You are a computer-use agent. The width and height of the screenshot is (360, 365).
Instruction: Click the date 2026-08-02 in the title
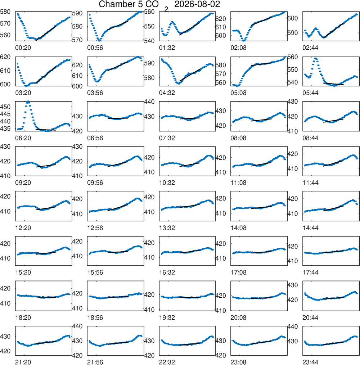click(x=197, y=4)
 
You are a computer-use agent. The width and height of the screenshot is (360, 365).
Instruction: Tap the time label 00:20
click(x=23, y=48)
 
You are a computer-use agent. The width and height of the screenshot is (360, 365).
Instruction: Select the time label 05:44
click(x=310, y=93)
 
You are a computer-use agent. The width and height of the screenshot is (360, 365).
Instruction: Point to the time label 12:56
click(x=95, y=228)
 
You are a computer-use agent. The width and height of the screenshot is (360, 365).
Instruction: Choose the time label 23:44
click(x=310, y=362)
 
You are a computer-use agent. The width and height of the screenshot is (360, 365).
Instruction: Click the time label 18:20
click(x=23, y=318)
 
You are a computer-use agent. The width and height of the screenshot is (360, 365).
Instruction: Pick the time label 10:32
click(x=167, y=183)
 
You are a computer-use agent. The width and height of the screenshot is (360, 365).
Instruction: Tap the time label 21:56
click(x=95, y=362)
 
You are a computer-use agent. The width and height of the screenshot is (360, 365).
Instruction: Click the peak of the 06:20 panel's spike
click(x=28, y=102)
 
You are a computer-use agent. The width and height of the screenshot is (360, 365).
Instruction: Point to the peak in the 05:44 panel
click(x=315, y=58)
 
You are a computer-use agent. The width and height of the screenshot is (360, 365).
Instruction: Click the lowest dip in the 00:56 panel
click(x=99, y=40)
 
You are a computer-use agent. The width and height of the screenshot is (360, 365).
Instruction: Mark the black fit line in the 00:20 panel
click(x=46, y=33)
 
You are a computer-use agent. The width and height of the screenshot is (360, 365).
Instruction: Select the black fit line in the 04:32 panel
click(x=190, y=75)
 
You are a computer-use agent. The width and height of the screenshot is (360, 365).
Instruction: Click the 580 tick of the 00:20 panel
click(x=5, y=12)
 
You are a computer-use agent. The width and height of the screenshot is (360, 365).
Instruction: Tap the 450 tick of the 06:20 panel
click(x=6, y=107)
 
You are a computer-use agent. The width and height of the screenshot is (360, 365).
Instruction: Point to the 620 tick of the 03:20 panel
click(x=5, y=57)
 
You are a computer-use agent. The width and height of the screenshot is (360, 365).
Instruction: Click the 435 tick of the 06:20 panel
click(x=6, y=129)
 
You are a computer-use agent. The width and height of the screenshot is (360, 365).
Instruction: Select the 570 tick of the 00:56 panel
click(x=77, y=40)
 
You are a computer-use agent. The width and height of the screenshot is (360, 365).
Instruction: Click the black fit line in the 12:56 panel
click(x=118, y=208)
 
